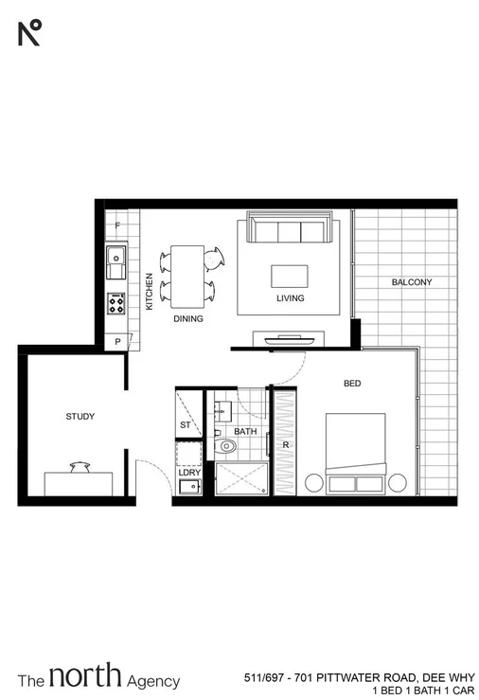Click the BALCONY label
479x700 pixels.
point(411,282)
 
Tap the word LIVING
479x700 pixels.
point(290,298)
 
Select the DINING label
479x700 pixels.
point(188,319)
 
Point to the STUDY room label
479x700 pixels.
point(80,416)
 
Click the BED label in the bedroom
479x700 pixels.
point(351,384)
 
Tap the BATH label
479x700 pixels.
point(245,431)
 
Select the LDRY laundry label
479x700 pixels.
point(189,471)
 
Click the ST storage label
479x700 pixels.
point(185,425)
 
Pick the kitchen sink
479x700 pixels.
point(115,257)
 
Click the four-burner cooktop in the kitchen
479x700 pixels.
point(115,304)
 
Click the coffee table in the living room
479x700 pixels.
point(290,276)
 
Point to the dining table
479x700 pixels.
point(188,276)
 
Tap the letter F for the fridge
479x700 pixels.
point(117,226)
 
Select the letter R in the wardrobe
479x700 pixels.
point(285,443)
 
